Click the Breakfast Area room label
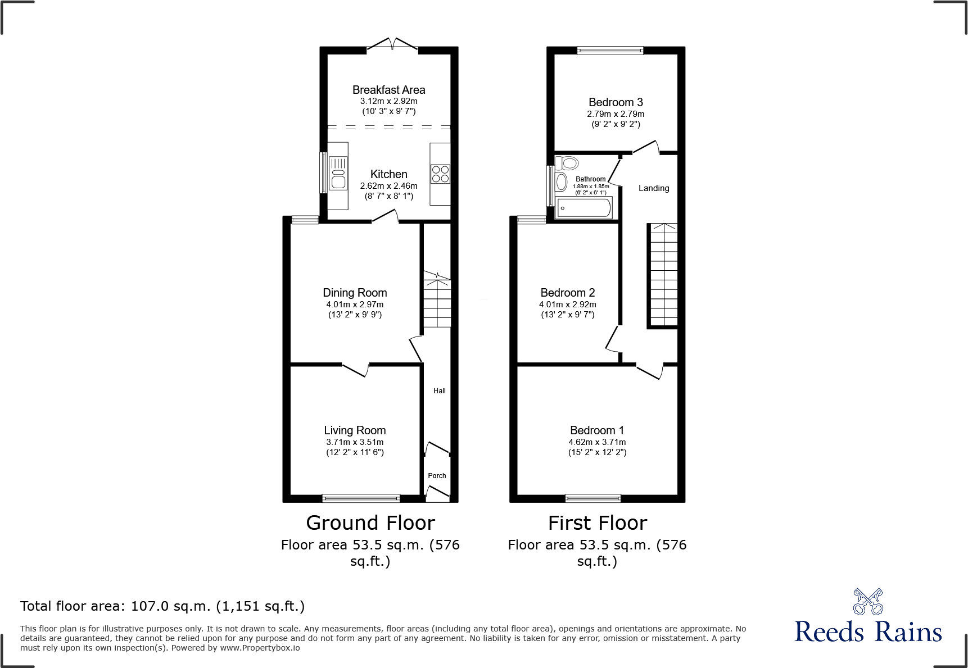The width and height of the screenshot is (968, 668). (388, 90)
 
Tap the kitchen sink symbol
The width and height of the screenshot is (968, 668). (338, 174)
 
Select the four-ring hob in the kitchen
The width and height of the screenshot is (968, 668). (440, 174)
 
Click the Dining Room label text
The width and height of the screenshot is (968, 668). (355, 293)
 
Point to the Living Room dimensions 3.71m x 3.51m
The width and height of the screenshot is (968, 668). (355, 442)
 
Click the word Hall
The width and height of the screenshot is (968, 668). (440, 391)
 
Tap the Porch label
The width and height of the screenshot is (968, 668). (437, 476)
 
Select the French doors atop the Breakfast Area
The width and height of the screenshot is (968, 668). (392, 44)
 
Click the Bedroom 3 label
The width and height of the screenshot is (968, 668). (616, 102)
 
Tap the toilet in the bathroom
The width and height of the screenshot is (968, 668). (567, 163)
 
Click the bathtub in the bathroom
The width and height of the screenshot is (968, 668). (583, 208)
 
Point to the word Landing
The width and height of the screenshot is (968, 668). (654, 188)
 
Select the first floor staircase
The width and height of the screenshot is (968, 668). (664, 275)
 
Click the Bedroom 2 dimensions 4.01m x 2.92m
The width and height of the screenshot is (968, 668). (568, 305)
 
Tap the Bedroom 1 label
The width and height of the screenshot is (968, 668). (597, 430)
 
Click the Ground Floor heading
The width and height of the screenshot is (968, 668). (370, 523)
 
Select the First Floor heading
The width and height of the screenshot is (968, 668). (598, 523)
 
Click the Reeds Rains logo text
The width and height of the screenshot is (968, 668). (868, 632)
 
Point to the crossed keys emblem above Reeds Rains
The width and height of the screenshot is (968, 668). (868, 602)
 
